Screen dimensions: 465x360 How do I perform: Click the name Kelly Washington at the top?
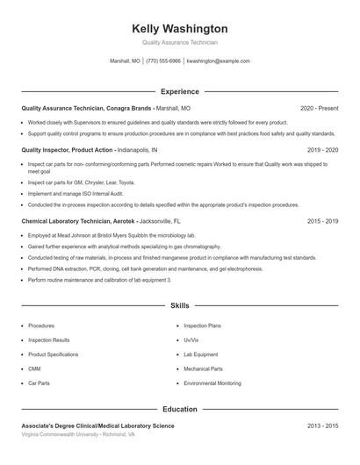click(x=179, y=29)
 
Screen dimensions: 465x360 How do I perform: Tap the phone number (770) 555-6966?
click(x=163, y=61)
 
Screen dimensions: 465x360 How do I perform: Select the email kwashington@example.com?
click(x=219, y=61)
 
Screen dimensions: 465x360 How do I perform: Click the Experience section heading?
click(x=179, y=91)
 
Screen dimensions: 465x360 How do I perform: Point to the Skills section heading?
click(x=179, y=305)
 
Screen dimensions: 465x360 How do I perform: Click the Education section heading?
click(x=179, y=409)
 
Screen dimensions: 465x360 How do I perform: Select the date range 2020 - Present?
click(x=319, y=108)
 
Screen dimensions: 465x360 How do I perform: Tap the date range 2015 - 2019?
click(x=322, y=222)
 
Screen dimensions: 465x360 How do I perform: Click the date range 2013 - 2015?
click(x=322, y=426)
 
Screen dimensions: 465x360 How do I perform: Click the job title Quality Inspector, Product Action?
click(x=68, y=150)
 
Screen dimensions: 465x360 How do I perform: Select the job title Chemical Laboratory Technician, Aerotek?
click(x=77, y=222)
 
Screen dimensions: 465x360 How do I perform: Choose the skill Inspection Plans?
click(x=203, y=325)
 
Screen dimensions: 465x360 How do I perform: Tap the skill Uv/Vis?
click(x=191, y=340)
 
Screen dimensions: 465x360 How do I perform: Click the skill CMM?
click(x=34, y=369)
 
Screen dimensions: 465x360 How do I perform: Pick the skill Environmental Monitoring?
click(x=212, y=383)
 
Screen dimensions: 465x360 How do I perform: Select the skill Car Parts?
click(x=39, y=383)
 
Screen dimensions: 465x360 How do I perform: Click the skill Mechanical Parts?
click(x=203, y=369)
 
